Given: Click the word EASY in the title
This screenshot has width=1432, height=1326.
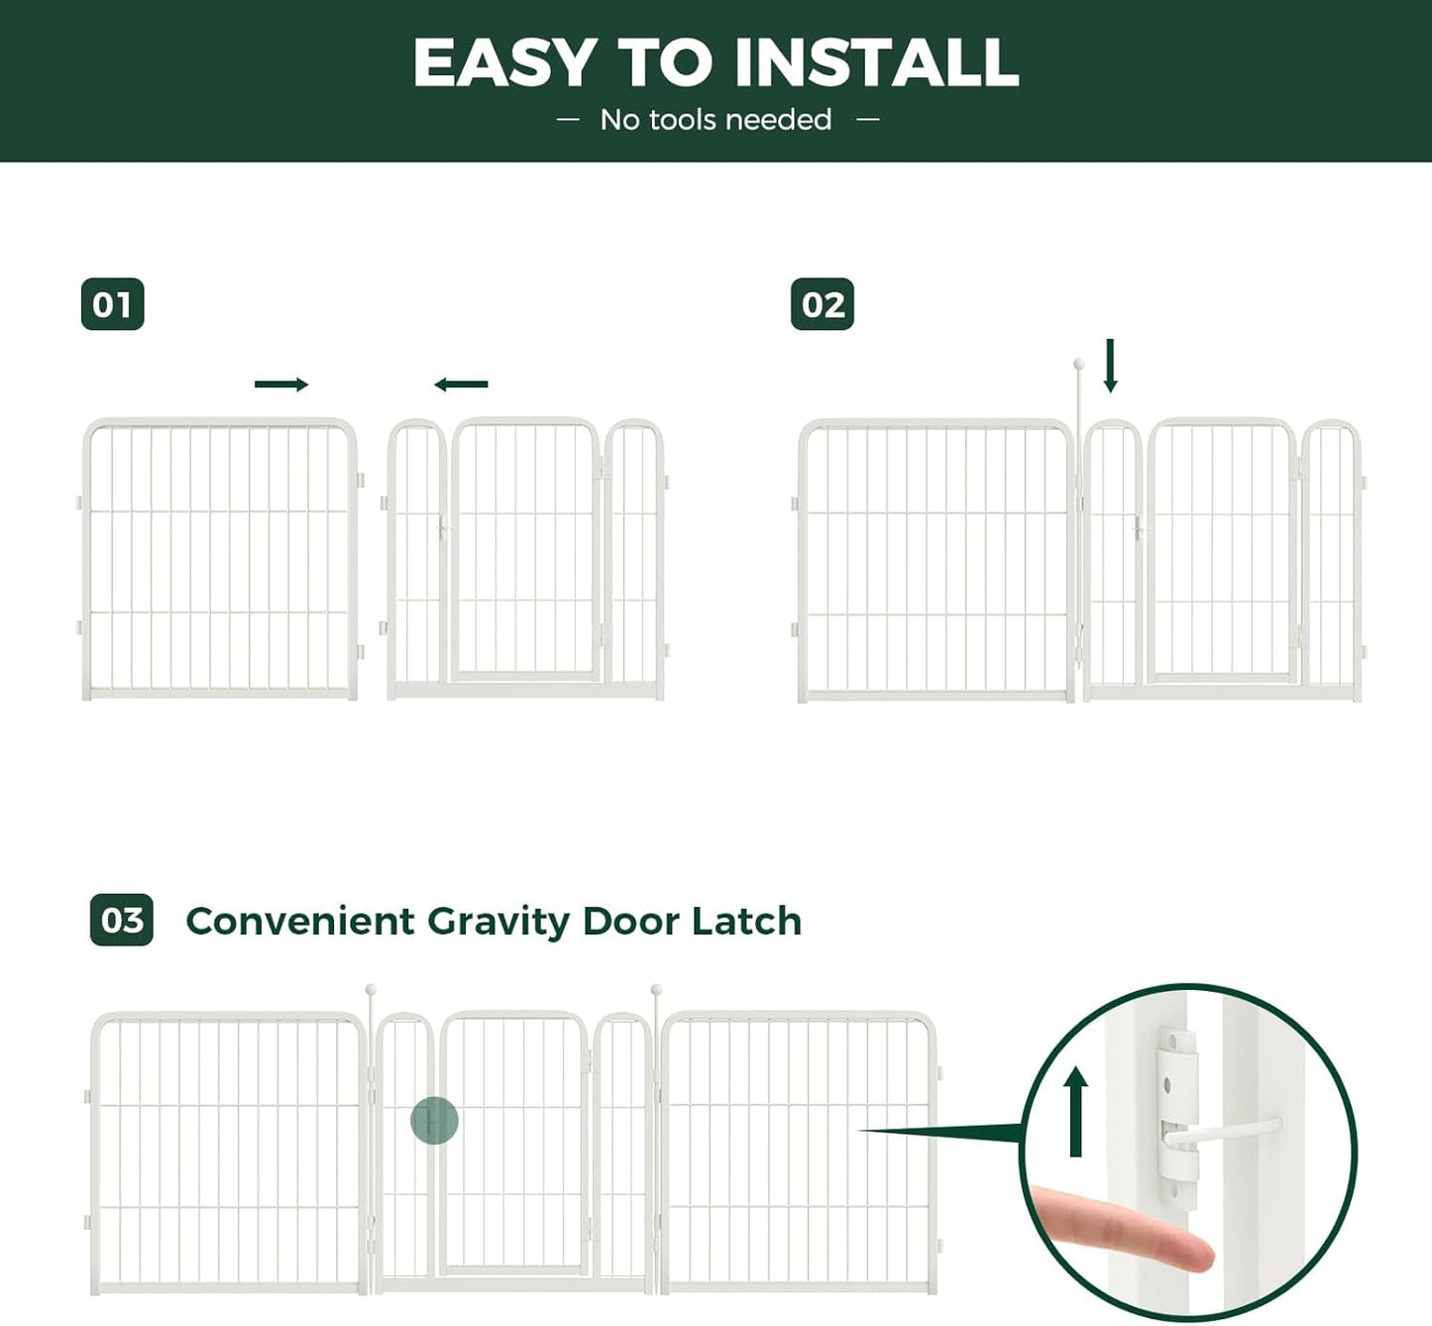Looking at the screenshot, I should (x=503, y=62).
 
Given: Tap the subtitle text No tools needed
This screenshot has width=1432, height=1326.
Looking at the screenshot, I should (x=716, y=120).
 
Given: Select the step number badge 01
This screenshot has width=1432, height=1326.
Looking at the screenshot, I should (x=112, y=304).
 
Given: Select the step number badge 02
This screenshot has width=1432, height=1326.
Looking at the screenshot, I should (x=822, y=304).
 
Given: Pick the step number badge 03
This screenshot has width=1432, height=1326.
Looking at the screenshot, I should (x=121, y=920).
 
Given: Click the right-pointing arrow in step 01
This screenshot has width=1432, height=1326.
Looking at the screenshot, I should (x=281, y=385).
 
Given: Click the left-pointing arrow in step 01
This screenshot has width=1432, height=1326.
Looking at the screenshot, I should (x=461, y=385).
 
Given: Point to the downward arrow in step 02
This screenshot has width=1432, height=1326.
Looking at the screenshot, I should (x=1110, y=366).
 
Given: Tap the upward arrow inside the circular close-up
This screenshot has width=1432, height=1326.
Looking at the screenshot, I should (x=1076, y=1112).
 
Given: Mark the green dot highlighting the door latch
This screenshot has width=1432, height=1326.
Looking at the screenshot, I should (x=434, y=1121).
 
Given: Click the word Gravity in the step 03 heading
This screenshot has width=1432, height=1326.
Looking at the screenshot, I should (x=498, y=922).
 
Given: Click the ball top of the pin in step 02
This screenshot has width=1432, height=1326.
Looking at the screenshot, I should (x=1079, y=365).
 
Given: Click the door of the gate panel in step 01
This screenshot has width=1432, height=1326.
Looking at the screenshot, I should (x=525, y=551).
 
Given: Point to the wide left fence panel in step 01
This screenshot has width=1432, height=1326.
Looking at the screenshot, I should (x=219, y=559).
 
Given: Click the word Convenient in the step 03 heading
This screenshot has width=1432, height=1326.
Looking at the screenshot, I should (x=299, y=921).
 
